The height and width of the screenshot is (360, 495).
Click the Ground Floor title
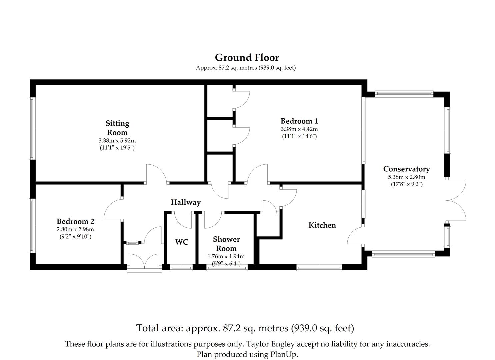click(x=247, y=58)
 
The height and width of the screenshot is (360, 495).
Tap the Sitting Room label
click(x=117, y=128)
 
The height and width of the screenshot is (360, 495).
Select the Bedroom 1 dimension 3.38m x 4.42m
click(x=299, y=129)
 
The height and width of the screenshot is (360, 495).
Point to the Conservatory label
click(x=406, y=169)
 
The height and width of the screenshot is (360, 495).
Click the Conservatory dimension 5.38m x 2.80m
click(x=407, y=177)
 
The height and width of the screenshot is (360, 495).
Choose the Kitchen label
click(x=322, y=225)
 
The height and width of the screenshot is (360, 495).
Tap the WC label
click(x=182, y=242)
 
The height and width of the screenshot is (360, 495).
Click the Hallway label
click(x=186, y=202)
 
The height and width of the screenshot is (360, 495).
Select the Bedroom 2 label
click(x=75, y=221)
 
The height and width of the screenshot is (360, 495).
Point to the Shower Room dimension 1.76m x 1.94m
click(x=226, y=256)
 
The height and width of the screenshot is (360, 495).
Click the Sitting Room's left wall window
click(x=32, y=128)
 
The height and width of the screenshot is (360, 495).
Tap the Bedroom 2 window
click(x=32, y=225)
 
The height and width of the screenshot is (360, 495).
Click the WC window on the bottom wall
click(x=181, y=267)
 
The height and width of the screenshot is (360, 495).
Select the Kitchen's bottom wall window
click(x=319, y=267)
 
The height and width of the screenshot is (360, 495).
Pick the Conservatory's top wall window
click(x=404, y=94)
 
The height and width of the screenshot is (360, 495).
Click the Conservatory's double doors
click(x=456, y=200)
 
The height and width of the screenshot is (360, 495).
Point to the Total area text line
click(x=245, y=328)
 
